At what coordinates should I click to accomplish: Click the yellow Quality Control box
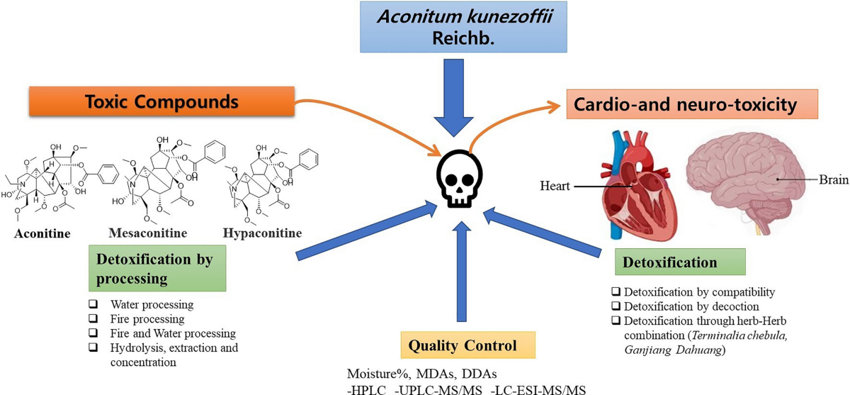pos(467,346)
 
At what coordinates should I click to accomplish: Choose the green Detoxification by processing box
pos(157,268)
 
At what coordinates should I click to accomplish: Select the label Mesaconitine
pos(147,233)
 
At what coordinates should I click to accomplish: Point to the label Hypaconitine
pos(261,233)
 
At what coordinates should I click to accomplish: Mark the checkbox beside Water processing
pos(92,305)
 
